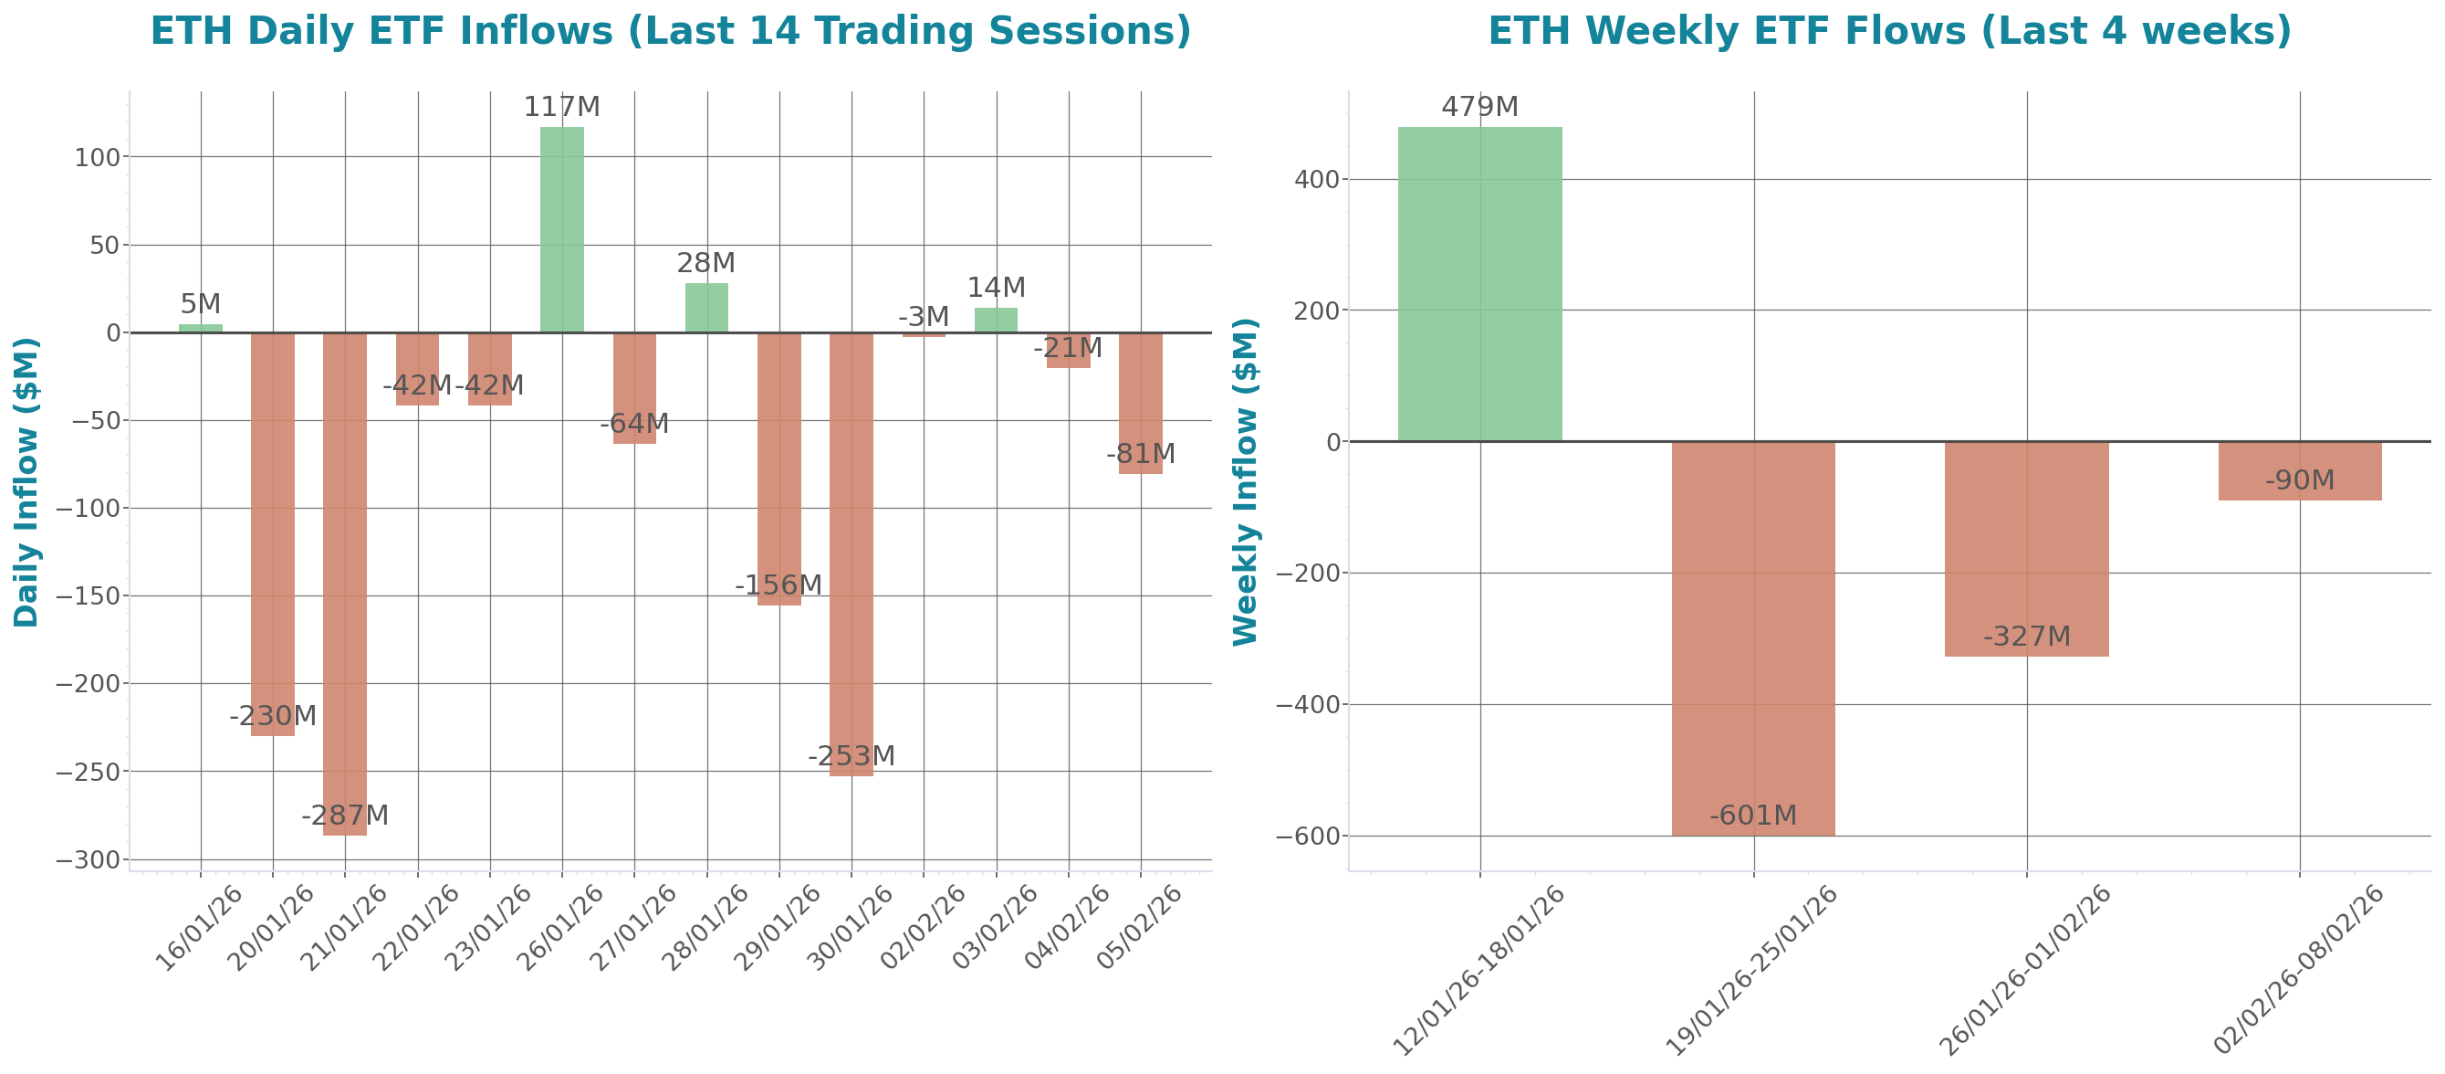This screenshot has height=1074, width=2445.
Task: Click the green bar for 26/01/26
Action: tap(562, 229)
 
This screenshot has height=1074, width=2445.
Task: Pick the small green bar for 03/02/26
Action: tap(996, 320)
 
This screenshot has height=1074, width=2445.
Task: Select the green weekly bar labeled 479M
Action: tap(1479, 284)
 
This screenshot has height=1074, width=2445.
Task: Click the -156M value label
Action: tap(778, 585)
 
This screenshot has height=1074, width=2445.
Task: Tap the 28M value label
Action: tap(705, 263)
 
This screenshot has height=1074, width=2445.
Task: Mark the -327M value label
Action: tap(2026, 637)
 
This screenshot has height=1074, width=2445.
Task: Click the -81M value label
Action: tap(1140, 454)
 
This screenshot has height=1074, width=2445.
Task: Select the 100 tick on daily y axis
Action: tap(98, 158)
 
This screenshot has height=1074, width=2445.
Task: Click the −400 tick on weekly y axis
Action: tap(1307, 705)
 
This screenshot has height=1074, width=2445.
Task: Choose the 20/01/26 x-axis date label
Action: tap(271, 928)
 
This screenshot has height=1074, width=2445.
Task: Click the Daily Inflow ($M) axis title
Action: tap(26, 481)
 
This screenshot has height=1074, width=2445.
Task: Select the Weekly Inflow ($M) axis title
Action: tap(1244, 481)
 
